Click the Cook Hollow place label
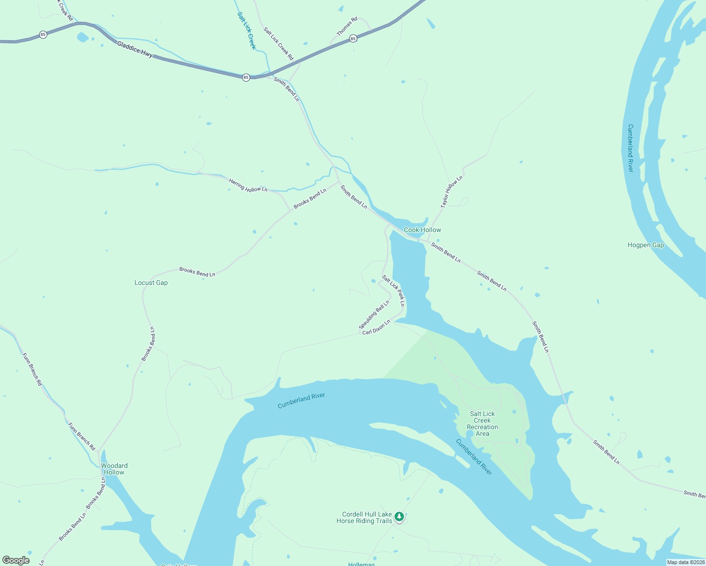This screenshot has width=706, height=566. [422, 230]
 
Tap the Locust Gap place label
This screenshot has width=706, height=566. [151, 283]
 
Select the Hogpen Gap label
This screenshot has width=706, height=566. [646, 245]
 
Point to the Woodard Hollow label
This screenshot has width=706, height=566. [114, 469]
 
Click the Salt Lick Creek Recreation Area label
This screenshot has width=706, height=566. [482, 424]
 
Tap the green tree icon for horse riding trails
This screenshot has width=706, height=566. [399, 516]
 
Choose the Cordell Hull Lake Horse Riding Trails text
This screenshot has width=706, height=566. [364, 518]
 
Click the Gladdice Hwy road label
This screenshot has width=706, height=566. [135, 50]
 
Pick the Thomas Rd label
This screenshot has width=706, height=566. [347, 27]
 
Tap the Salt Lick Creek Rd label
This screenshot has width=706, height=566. [278, 44]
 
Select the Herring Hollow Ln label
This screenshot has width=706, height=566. [248, 185]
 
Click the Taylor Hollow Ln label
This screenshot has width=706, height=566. [452, 192]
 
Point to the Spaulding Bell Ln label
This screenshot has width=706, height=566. [374, 315]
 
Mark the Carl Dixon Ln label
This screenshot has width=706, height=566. [376, 327]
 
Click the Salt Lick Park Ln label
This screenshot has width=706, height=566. [394, 291]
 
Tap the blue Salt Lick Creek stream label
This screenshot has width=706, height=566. [246, 31]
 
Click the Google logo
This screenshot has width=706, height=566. [16, 560]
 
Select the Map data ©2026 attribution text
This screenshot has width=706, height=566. [685, 562]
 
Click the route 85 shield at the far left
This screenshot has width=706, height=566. [43, 34]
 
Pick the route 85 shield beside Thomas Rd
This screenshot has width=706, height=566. [353, 39]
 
